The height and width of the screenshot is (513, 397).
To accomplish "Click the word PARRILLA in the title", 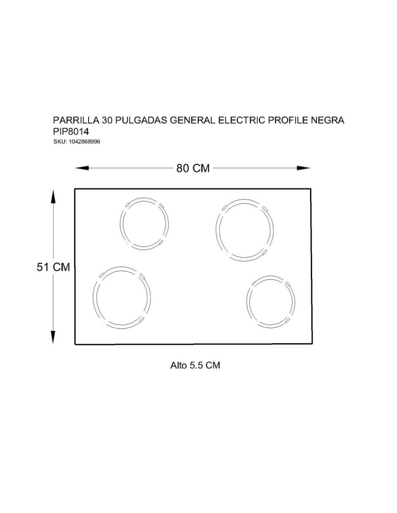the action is (76, 120).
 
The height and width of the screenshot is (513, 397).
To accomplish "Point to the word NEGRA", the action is (328, 120).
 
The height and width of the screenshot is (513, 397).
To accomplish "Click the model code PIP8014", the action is (71, 131).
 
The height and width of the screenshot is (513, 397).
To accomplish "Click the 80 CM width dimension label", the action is (193, 168).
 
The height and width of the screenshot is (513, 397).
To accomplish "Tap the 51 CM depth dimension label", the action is (53, 267).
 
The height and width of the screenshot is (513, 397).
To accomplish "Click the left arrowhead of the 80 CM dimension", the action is (82, 168).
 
